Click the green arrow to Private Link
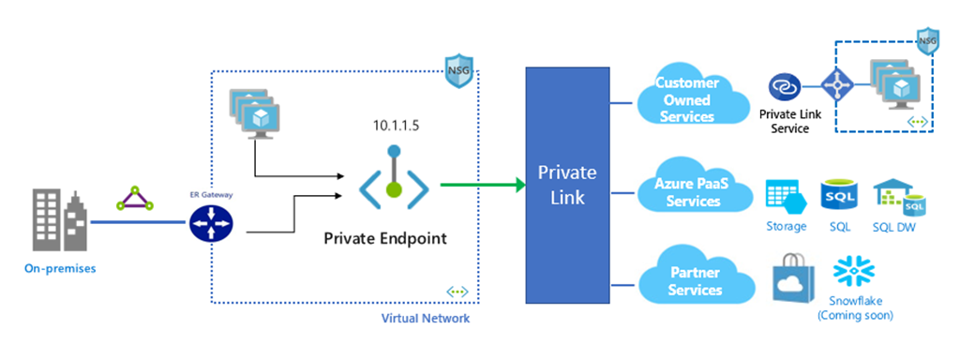click(x=483, y=184)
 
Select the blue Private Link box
click(x=567, y=185)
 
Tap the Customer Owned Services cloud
click(x=690, y=99)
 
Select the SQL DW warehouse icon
click(x=897, y=197)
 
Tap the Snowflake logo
click(x=855, y=273)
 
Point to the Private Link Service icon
click(x=784, y=87)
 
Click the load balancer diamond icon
click(x=835, y=85)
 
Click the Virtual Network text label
click(x=426, y=319)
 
